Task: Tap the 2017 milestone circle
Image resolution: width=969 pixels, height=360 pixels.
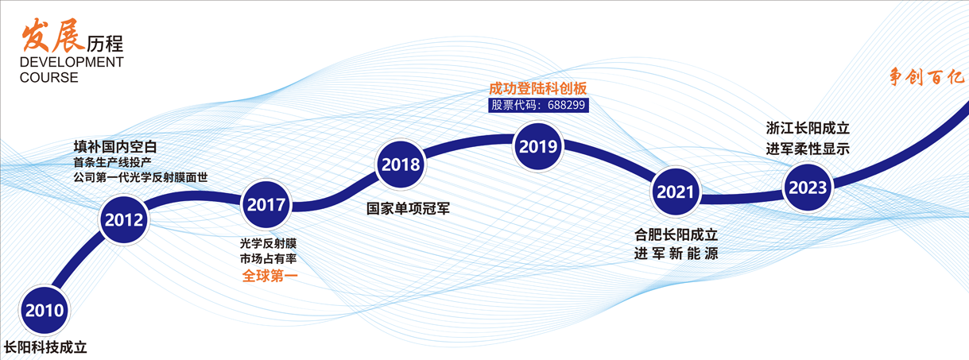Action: tap(266, 204)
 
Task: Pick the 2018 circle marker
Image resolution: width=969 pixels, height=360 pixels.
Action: tap(401, 165)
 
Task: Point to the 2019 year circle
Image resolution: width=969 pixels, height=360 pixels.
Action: tap(538, 145)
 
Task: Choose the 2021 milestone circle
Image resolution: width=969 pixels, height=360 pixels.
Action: tap(676, 192)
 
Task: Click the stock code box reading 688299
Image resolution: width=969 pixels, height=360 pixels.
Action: tap(537, 105)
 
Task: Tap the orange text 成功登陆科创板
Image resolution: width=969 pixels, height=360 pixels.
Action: tap(537, 88)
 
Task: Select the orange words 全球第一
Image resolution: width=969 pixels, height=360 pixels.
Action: tap(269, 277)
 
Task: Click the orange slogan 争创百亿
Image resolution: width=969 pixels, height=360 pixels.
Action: tap(926, 78)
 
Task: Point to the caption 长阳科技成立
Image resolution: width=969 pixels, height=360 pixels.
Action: tap(45, 347)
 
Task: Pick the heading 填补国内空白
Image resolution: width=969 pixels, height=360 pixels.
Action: tap(115, 146)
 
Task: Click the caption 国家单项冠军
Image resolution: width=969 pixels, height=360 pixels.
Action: tap(403, 209)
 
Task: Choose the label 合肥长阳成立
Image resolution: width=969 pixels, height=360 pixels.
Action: tap(676, 235)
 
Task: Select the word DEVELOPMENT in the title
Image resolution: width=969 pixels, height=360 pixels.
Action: tap(72, 63)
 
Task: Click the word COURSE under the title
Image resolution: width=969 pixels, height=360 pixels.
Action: tap(49, 78)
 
